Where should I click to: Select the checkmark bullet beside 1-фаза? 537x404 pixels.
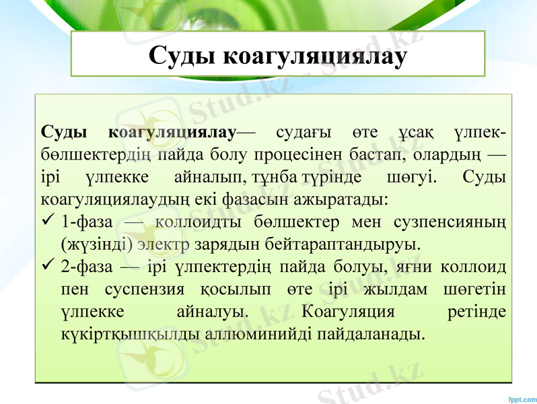(x=46, y=220)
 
